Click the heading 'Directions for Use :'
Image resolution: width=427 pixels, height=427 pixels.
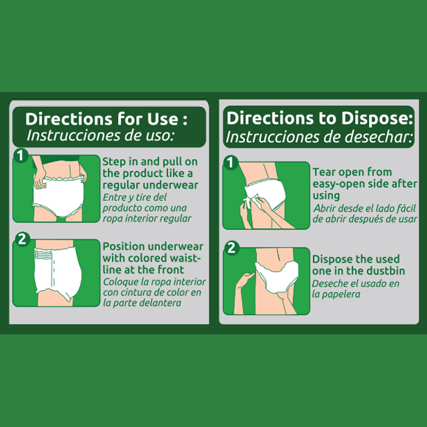[x=106, y=119]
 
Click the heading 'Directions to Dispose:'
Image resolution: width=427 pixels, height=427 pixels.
[x=320, y=119]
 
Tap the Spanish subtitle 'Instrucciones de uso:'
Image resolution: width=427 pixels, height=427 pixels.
[x=100, y=135]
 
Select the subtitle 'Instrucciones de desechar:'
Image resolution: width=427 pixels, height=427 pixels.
[x=319, y=137]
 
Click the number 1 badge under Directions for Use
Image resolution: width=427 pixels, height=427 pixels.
[x=21, y=155]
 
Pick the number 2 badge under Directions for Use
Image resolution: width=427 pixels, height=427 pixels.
[x=22, y=240]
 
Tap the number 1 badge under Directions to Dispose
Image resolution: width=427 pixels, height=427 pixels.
[x=231, y=163]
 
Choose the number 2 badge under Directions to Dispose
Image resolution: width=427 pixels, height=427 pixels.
[x=232, y=248]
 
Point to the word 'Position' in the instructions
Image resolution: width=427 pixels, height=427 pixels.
[x=123, y=246]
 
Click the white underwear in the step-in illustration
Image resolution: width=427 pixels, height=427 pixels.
[x=58, y=195]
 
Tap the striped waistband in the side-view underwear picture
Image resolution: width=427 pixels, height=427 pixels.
[x=43, y=254]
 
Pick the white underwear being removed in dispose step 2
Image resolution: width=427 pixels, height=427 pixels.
[x=276, y=276]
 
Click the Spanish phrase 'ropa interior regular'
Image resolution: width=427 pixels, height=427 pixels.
[x=147, y=219]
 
